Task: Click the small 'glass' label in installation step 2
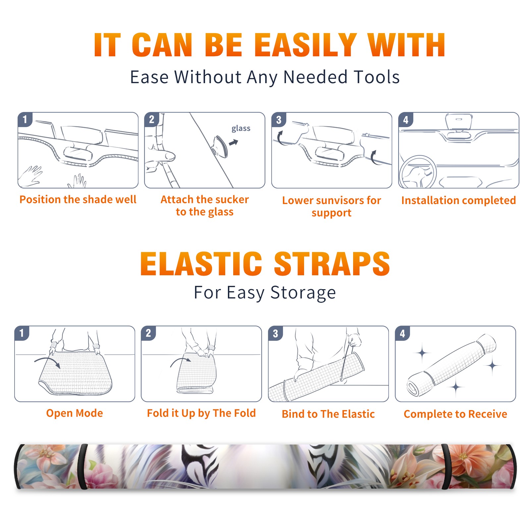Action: [241, 129]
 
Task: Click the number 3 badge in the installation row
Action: [279, 120]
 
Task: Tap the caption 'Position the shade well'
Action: [78, 199]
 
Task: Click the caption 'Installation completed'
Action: [458, 200]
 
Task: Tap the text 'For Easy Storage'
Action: [265, 292]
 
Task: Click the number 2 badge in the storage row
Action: [148, 333]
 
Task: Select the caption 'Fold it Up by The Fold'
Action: [201, 413]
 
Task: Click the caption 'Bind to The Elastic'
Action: [328, 414]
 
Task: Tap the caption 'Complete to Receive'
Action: [455, 414]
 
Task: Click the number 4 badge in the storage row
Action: [402, 333]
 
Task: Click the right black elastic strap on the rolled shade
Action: [446, 466]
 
